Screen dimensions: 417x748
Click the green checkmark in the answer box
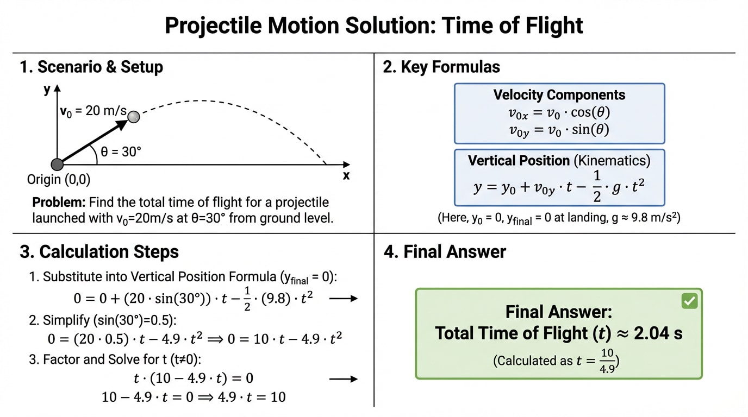tap(689, 301)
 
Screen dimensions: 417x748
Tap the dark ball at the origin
tap(57, 165)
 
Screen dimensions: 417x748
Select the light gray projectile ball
tap(133, 116)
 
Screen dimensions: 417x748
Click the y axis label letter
tap(47, 90)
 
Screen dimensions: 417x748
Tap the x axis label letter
tap(346, 175)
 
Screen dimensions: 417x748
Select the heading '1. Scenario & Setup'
tap(91, 67)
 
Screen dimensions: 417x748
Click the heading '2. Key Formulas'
tap(441, 67)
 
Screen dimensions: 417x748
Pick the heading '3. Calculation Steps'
tap(99, 252)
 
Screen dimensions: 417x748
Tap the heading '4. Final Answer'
tap(445, 252)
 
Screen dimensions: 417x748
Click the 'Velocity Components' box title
tap(559, 95)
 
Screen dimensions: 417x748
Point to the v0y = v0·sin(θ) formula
tap(559, 130)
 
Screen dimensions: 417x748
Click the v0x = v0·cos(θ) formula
tap(559, 112)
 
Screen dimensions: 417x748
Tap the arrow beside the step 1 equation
tap(344, 298)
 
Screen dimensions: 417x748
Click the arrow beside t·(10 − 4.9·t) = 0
tap(344, 378)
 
